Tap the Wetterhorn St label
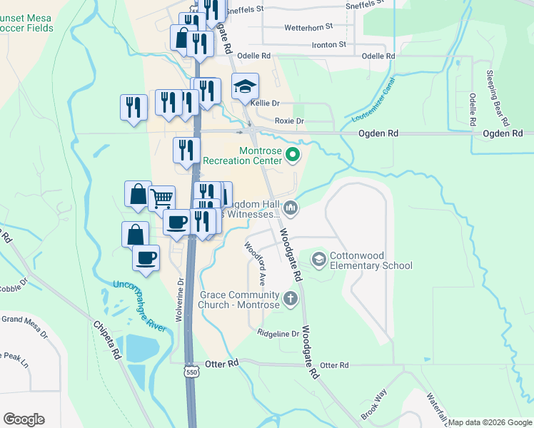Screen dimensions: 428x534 [x=308, y=26]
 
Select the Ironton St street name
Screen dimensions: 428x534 [x=328, y=44]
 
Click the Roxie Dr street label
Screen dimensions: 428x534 [x=289, y=121]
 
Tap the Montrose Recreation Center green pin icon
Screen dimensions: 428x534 [x=292, y=154]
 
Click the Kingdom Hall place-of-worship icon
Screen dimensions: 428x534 [x=290, y=208]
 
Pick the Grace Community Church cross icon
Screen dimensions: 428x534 [x=290, y=299]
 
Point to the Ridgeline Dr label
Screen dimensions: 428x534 [x=278, y=333]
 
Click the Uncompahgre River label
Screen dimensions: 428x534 [x=139, y=306]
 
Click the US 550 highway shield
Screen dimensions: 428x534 [x=191, y=372]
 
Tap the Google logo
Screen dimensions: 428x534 [x=24, y=419]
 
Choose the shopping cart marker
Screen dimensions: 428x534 [x=162, y=198]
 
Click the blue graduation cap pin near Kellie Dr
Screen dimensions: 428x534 [x=245, y=86]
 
